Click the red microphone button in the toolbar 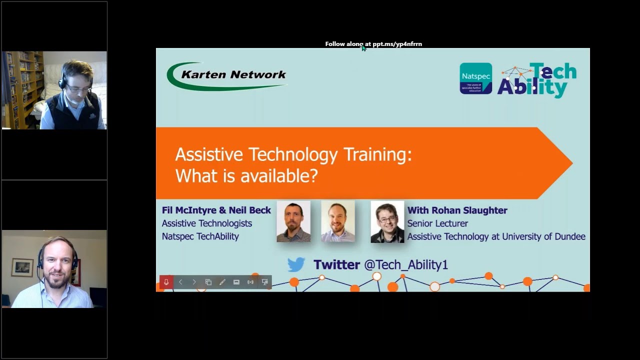point(166,282)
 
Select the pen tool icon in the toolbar point(222,282)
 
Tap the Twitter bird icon point(296,264)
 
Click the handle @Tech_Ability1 point(405,264)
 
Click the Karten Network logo point(227,75)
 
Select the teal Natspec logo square point(475,78)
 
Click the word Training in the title point(377,154)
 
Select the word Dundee point(566,236)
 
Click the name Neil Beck point(249,210)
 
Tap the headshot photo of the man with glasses point(387,221)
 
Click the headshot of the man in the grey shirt point(293,221)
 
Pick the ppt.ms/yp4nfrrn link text point(397,44)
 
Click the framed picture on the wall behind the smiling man point(22,267)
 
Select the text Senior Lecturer point(437,223)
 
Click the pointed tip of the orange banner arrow point(571,163)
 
